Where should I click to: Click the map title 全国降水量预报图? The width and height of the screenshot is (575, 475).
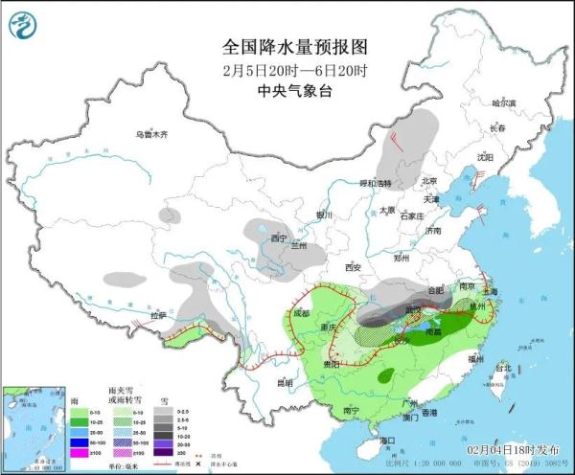pyautogui.click(x=287, y=46)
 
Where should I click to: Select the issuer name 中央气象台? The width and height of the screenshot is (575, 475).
pyautogui.click(x=287, y=91)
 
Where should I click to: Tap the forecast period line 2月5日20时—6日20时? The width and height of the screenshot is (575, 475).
pyautogui.click(x=287, y=70)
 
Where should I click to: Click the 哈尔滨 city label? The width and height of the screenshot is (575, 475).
pyautogui.click(x=503, y=102)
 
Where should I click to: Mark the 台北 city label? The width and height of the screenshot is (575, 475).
pyautogui.click(x=501, y=368)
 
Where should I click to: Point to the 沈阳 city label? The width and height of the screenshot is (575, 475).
pyautogui.click(x=484, y=156)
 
